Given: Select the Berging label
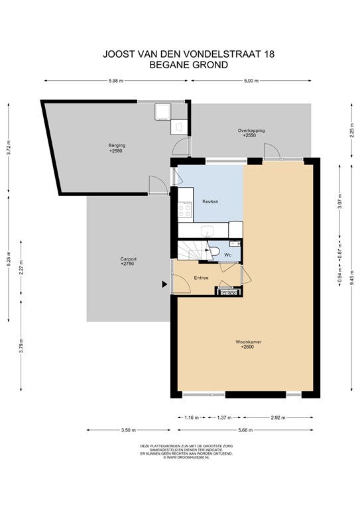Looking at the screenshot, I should click(117, 145).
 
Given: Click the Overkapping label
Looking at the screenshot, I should click(251, 131).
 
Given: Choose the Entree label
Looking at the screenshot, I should click(202, 278).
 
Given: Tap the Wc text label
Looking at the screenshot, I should click(227, 254).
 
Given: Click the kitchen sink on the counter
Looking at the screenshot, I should click(207, 231).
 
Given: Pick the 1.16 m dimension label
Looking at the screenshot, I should click(191, 418).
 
